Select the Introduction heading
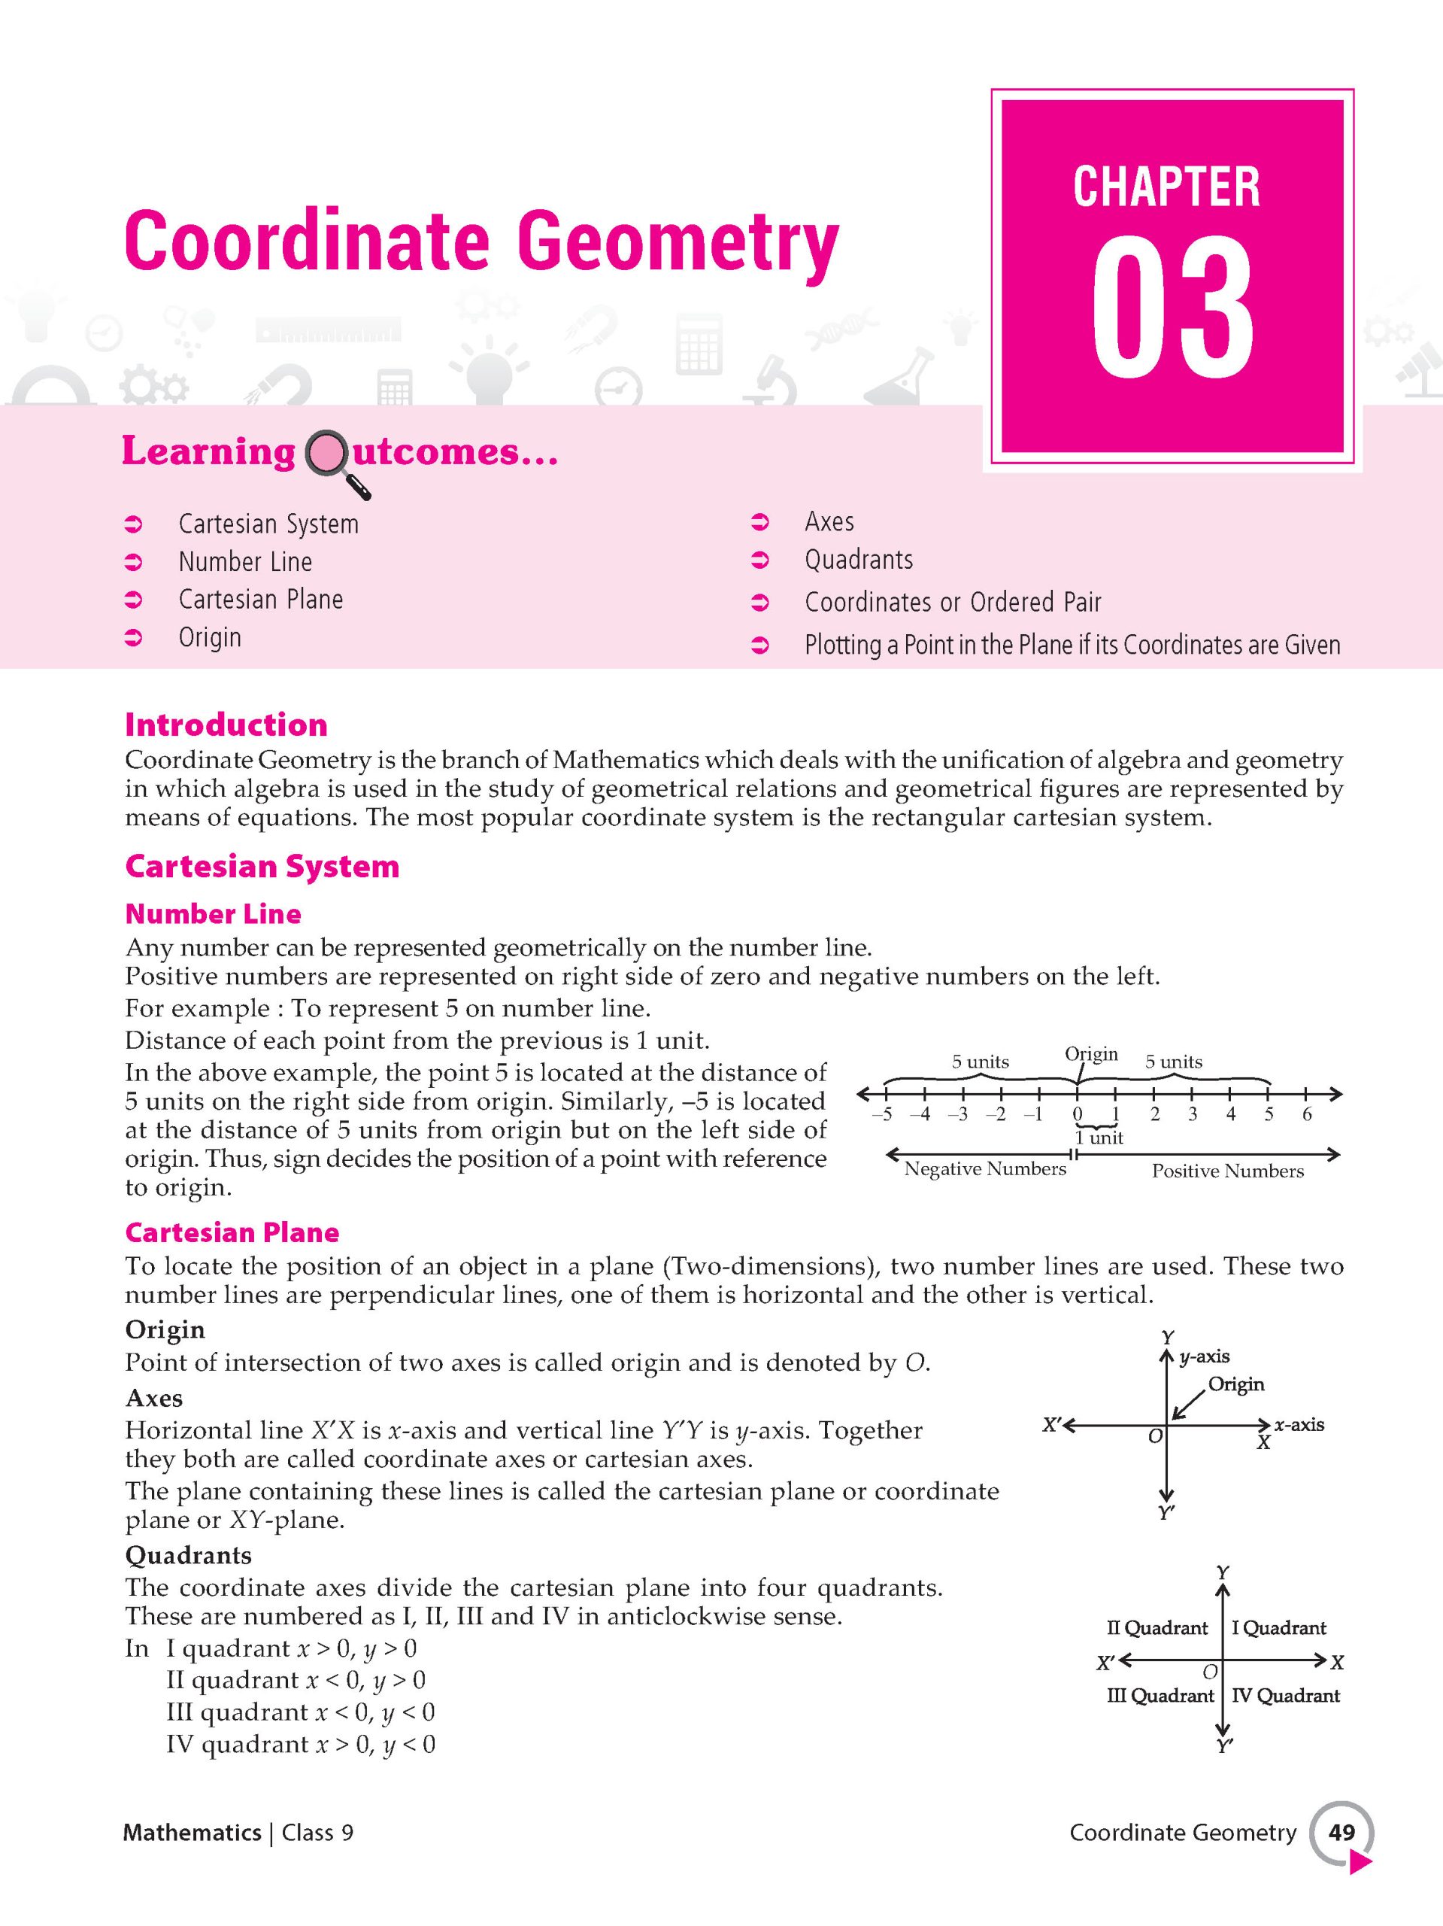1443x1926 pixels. (x=226, y=725)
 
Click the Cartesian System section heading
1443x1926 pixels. (x=262, y=867)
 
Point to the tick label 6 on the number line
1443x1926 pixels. (x=1306, y=1114)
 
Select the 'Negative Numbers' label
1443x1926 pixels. (x=984, y=1169)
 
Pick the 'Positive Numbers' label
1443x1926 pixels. (x=1227, y=1171)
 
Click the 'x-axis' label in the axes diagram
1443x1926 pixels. (x=1299, y=1424)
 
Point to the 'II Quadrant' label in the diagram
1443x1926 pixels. (x=1157, y=1627)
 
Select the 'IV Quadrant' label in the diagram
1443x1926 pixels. (x=1286, y=1695)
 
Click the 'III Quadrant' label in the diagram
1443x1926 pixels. (x=1160, y=1695)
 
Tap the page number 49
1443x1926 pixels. (x=1341, y=1832)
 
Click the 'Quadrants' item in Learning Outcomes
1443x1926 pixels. (x=858, y=560)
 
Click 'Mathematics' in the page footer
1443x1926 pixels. (x=193, y=1833)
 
